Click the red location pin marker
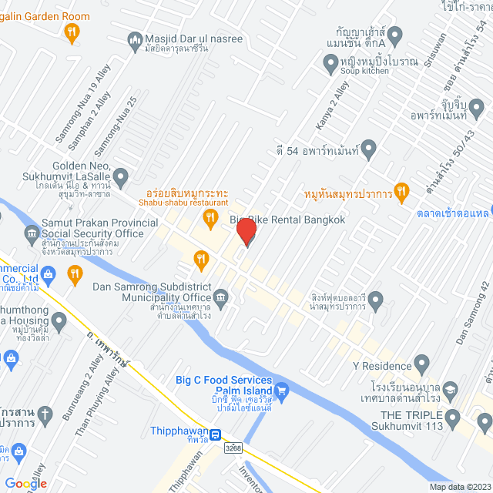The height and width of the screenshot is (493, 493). tap(246, 230)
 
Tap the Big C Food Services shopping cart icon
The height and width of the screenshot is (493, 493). tap(281, 391)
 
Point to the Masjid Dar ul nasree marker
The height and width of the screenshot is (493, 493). tap(136, 39)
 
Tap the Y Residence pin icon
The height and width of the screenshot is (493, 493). tap(421, 362)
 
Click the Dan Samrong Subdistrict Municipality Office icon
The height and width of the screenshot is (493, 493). tap(221, 297)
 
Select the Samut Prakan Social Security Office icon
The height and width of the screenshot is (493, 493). tap(32, 233)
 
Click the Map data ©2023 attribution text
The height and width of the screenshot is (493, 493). tap(459, 487)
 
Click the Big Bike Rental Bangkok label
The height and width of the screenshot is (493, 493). tap(287, 220)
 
